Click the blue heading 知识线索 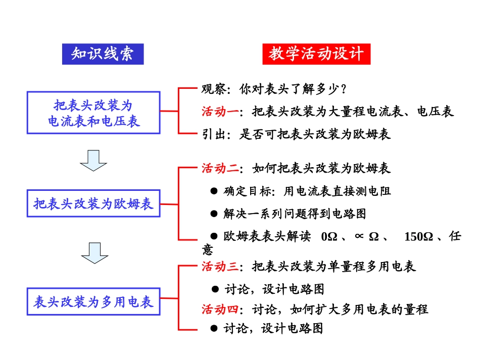pyautogui.click(x=103, y=54)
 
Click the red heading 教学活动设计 pyautogui.click(x=316, y=54)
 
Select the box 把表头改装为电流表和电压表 pyautogui.click(x=94, y=113)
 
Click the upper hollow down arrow pyautogui.click(x=93, y=160)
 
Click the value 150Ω pyautogui.click(x=418, y=236)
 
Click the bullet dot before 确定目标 pyautogui.click(x=214, y=191)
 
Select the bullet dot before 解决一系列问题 pyautogui.click(x=214, y=214)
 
